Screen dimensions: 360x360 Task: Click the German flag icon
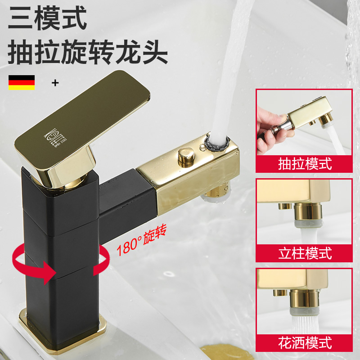point(21,82)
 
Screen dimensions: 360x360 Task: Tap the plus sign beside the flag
point(55,83)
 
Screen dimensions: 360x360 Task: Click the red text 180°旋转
point(142,241)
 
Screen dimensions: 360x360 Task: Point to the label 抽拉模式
point(305,164)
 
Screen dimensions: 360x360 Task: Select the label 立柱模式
point(305,253)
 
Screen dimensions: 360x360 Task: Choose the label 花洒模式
point(305,343)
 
